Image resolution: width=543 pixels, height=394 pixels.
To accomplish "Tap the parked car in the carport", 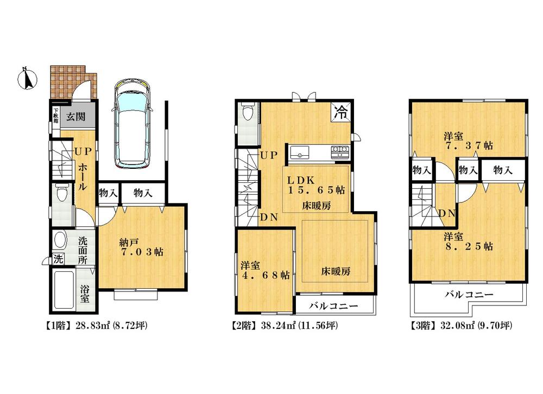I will click(x=134, y=124).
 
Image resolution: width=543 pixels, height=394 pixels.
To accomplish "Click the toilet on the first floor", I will click(x=62, y=193).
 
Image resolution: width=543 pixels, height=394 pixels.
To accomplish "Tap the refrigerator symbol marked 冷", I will click(x=342, y=112).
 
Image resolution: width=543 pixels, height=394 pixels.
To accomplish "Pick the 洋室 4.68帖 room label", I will click(x=265, y=270).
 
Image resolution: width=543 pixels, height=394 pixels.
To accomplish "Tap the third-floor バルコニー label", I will click(x=469, y=296).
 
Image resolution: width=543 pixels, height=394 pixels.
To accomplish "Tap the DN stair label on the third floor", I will click(x=447, y=213).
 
